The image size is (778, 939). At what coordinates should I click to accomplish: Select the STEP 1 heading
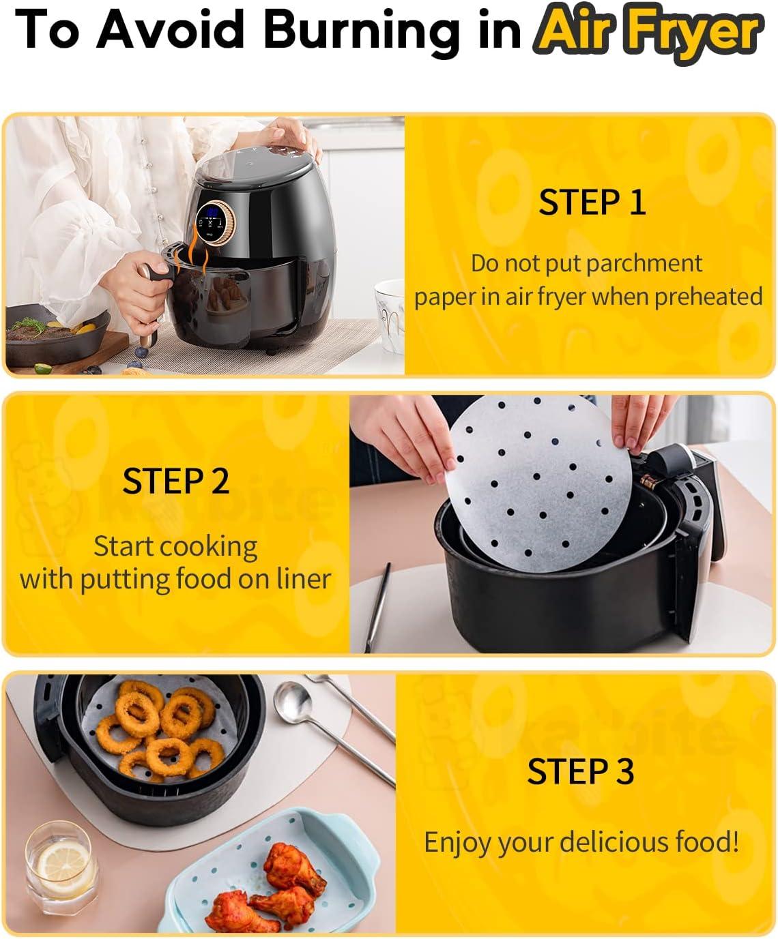click(592, 203)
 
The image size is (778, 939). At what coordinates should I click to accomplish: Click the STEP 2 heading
click(175, 481)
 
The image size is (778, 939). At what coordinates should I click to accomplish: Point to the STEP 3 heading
click(581, 771)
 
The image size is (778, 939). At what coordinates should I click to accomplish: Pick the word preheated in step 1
click(708, 297)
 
